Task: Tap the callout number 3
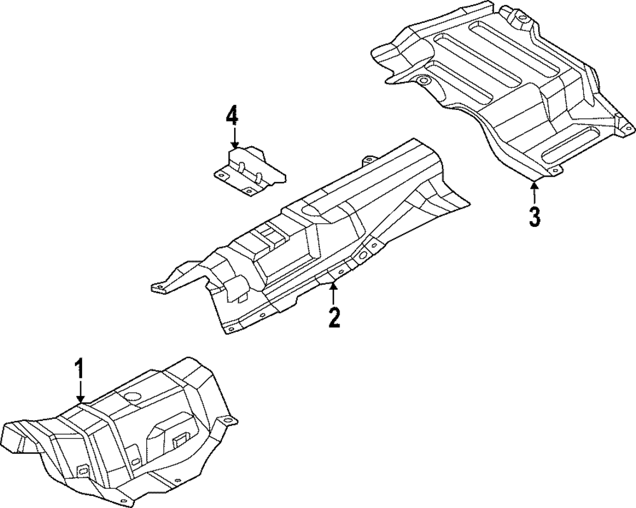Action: pos(534,216)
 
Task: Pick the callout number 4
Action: pos(232,116)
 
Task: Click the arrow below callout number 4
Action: pos(234,139)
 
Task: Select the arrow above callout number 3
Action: pos(534,191)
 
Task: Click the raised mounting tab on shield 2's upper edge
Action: pos(367,160)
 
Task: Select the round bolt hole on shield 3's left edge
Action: pos(422,81)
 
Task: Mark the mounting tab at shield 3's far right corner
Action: pos(621,121)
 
